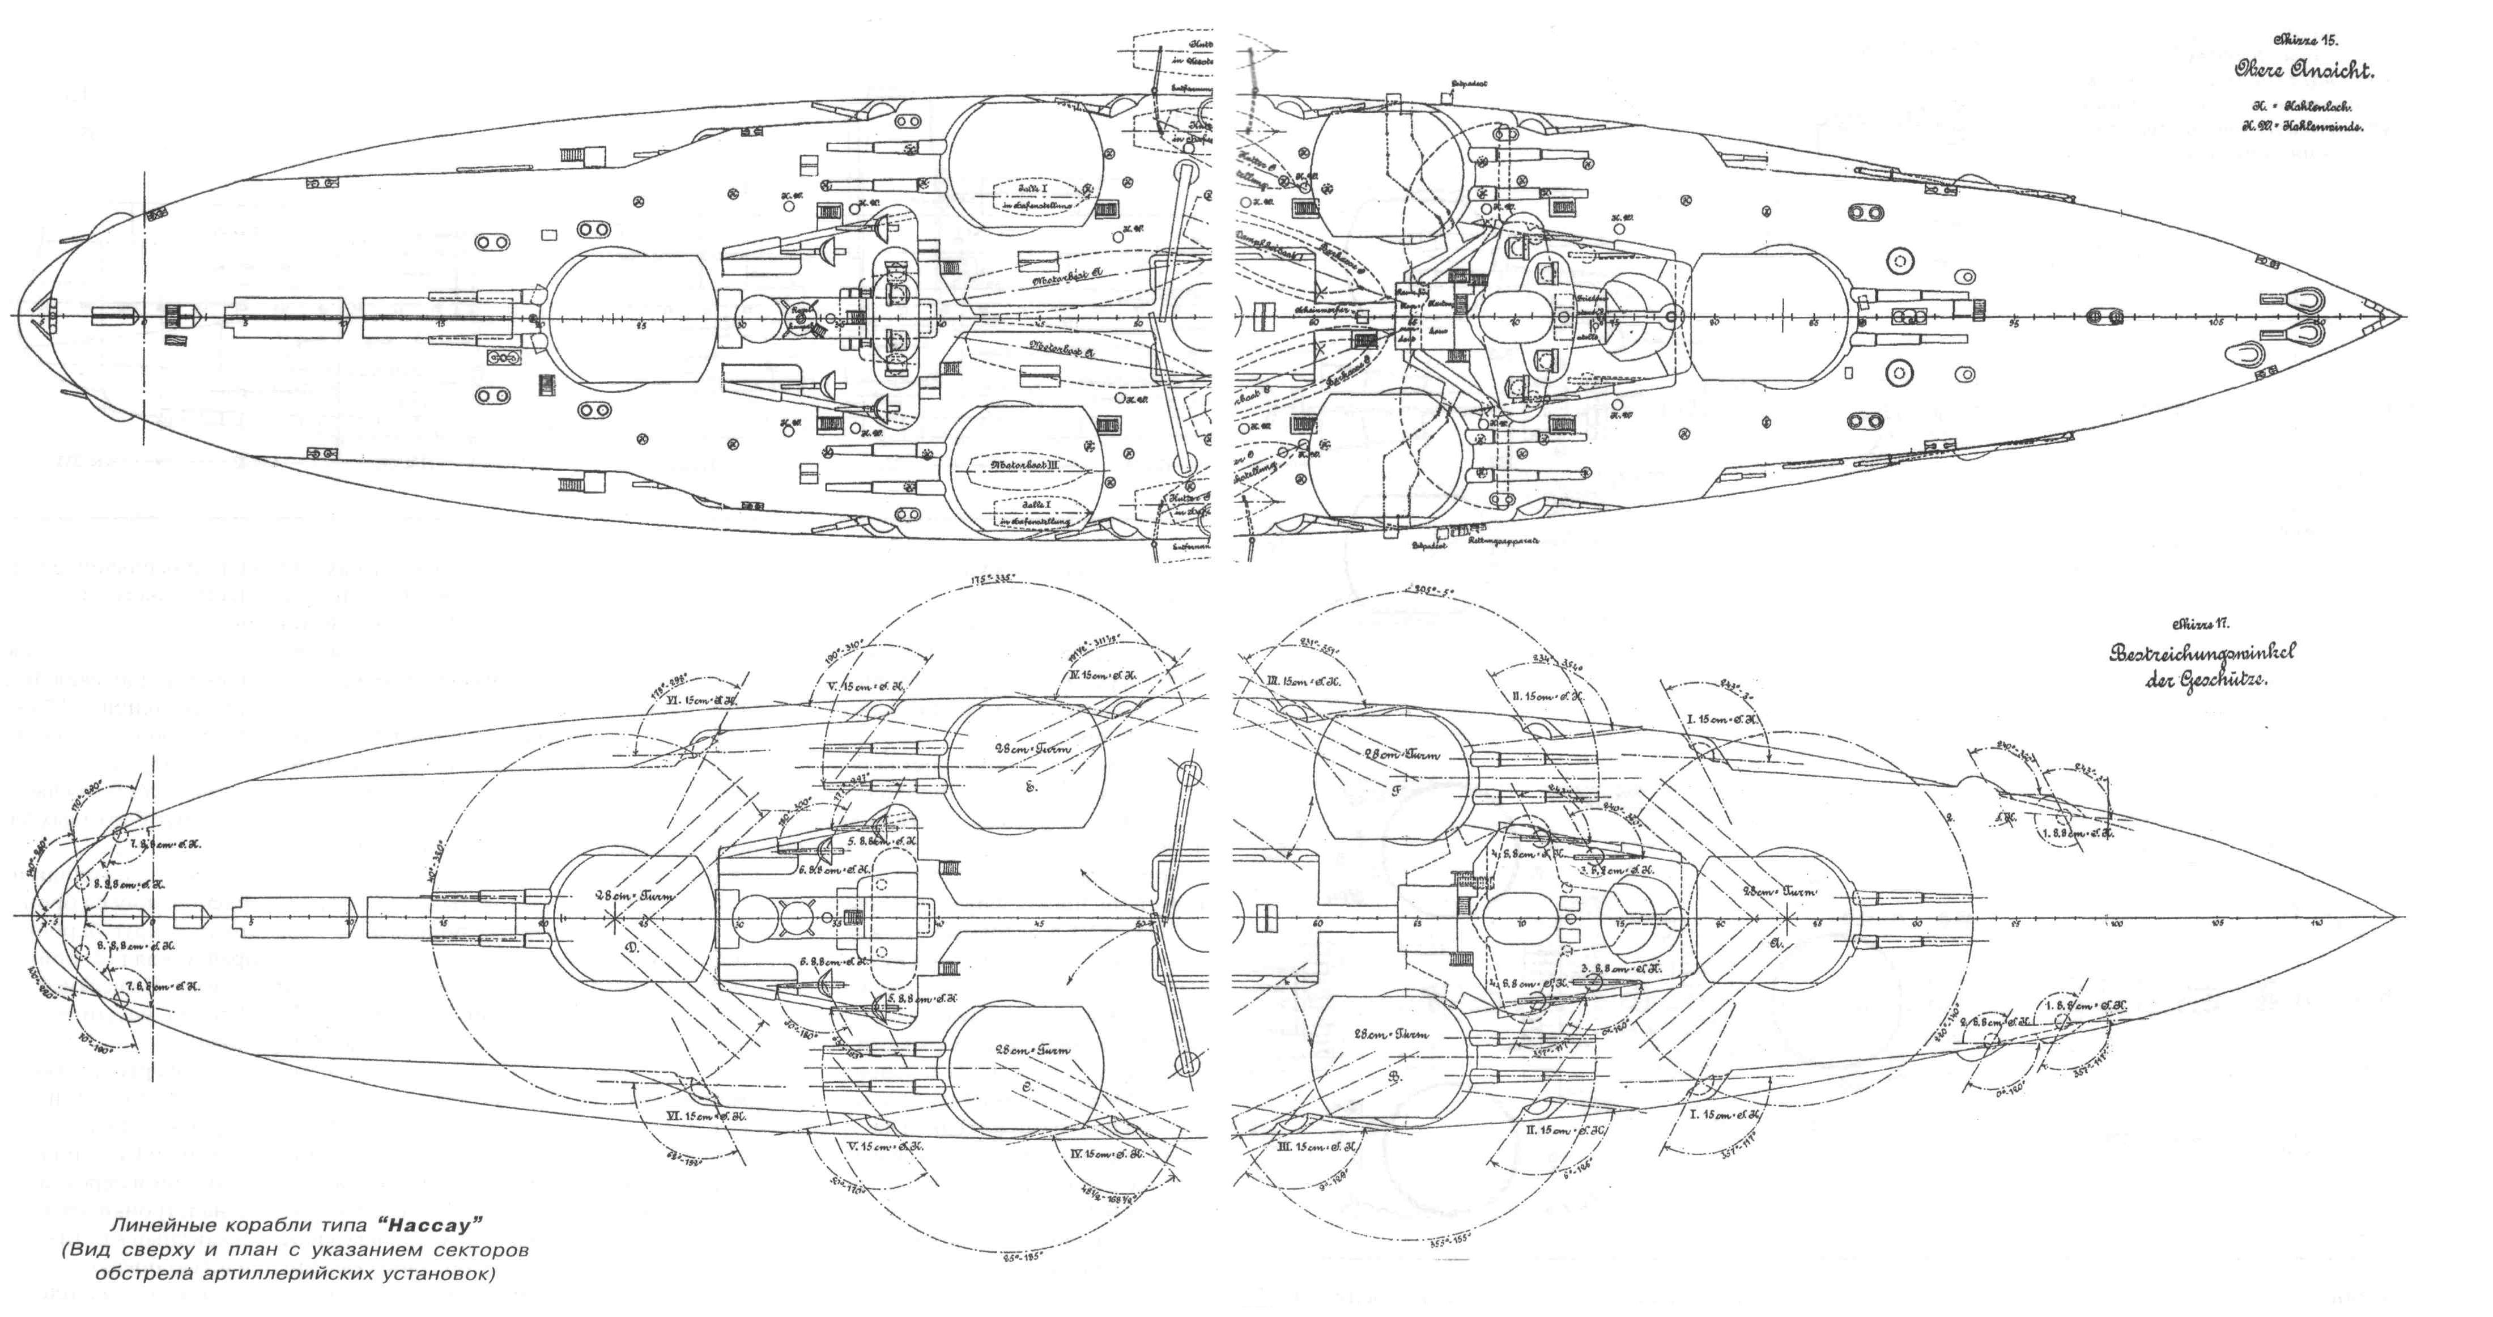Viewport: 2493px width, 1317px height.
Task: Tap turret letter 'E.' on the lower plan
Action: (1031, 787)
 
